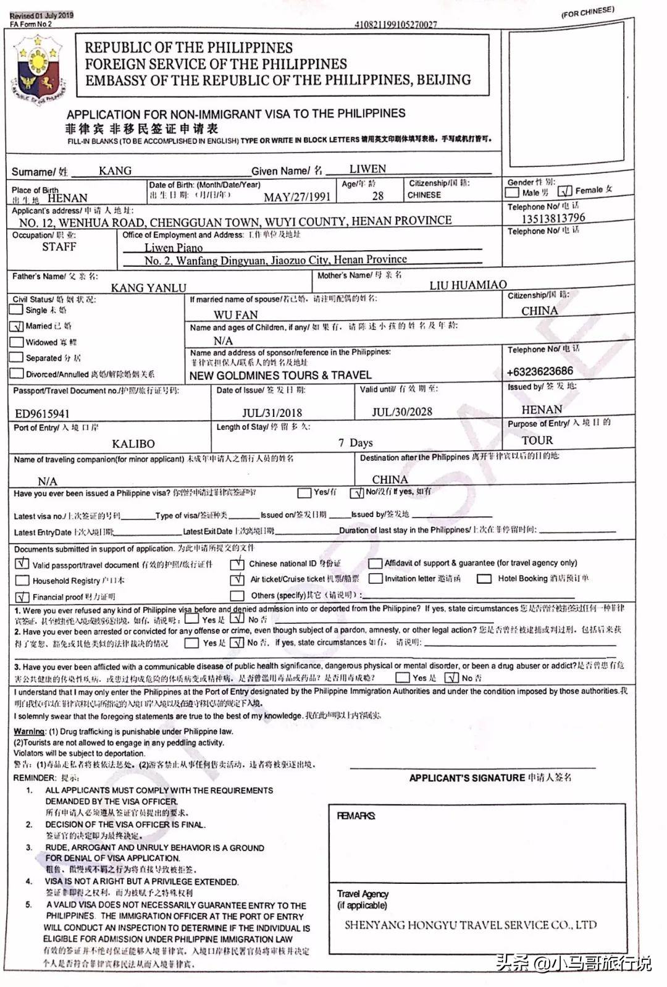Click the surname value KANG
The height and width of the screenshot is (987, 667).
[x=115, y=171]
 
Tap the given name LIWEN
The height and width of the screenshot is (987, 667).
[x=367, y=169]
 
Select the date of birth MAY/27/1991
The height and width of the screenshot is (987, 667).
[x=296, y=197]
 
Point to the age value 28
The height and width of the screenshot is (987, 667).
[x=377, y=196]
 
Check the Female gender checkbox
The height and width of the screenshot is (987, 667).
[x=565, y=191]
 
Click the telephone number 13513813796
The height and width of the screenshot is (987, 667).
[x=553, y=218]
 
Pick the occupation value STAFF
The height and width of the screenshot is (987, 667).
[x=59, y=247]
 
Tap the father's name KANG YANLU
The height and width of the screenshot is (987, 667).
[x=148, y=288]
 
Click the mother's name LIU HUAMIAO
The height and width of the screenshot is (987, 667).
[x=468, y=285]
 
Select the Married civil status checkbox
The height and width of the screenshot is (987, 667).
[x=17, y=326]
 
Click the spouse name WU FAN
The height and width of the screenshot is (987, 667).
[x=235, y=315]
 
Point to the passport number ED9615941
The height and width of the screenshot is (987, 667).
[x=42, y=414]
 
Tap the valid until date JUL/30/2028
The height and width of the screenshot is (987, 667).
[x=401, y=412]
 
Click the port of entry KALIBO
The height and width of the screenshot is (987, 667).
[x=133, y=443]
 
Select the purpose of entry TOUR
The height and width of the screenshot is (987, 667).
[x=537, y=440]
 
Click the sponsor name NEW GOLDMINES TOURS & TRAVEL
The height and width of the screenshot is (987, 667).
[x=280, y=376]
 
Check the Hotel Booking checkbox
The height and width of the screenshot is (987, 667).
[x=485, y=579]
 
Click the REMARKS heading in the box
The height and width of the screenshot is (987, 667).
[x=356, y=816]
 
